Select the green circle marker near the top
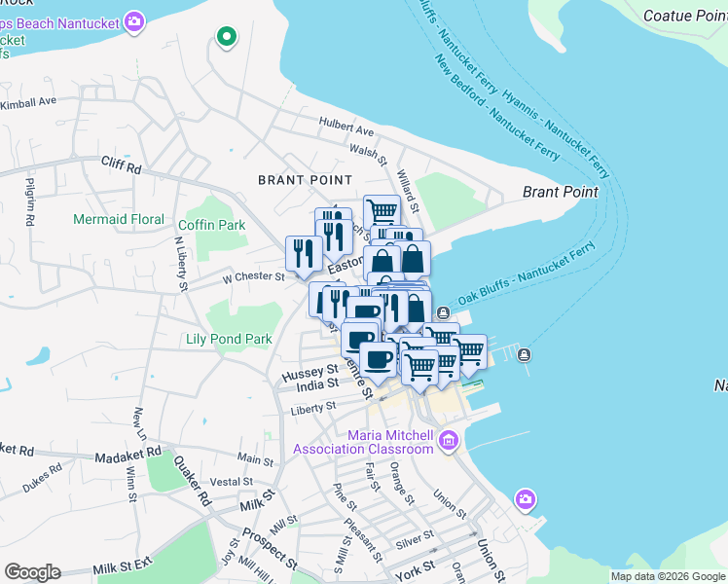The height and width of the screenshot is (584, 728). (x=227, y=38)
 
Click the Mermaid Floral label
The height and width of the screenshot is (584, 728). (x=119, y=219)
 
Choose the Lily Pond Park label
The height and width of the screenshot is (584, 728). (x=229, y=340)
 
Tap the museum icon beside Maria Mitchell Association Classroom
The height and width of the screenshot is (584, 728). (x=448, y=441)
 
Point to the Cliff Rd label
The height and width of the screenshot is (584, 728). (x=121, y=166)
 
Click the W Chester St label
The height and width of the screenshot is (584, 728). (x=252, y=276)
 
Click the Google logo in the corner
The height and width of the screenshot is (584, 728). (x=32, y=572)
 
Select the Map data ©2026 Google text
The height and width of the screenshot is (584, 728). (x=668, y=576)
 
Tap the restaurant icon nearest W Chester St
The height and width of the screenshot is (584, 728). (x=303, y=253)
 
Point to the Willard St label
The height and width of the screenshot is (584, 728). (x=407, y=192)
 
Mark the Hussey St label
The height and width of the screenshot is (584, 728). (x=309, y=371)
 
